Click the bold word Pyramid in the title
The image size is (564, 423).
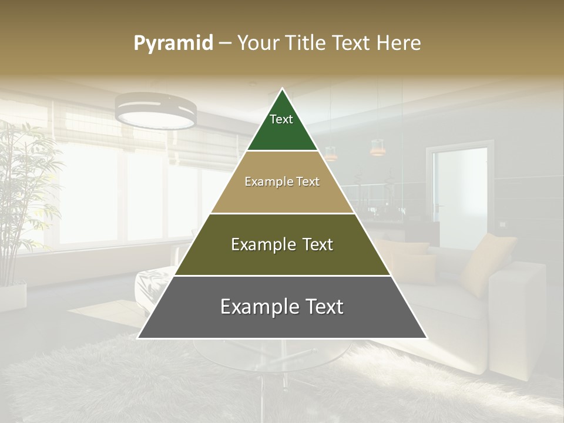coord(173,43)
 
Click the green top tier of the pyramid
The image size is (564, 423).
coord(282,126)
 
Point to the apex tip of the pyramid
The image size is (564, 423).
coord(282,90)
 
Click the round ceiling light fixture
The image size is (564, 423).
coord(156,110)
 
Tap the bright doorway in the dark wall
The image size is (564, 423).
coord(457,194)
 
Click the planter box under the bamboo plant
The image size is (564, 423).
coord(13,297)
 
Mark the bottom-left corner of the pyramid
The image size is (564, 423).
coord(139,338)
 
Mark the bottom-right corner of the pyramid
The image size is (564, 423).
coord(427,338)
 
